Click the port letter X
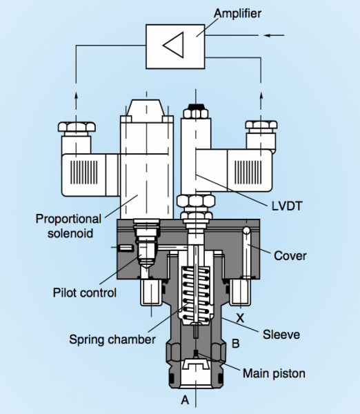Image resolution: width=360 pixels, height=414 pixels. (241, 319)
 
